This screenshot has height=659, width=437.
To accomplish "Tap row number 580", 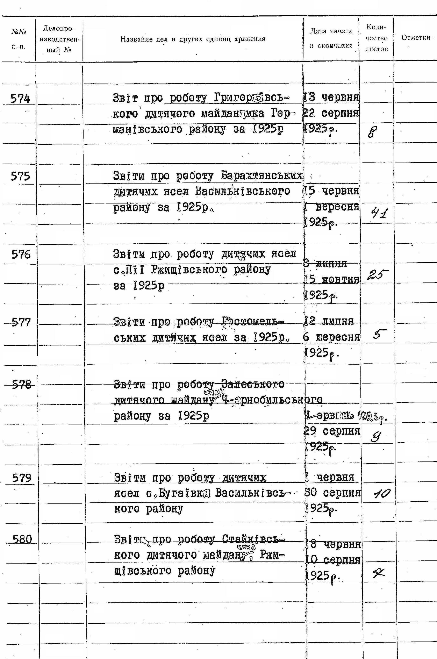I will (22, 539).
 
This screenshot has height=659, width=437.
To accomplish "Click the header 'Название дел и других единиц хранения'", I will (193, 39).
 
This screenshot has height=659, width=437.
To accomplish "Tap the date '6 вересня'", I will (332, 337).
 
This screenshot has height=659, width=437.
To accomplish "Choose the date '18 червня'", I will (333, 544).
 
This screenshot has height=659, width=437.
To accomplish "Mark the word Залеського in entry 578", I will (253, 385).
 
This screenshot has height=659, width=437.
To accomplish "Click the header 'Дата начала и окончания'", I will (331, 38).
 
